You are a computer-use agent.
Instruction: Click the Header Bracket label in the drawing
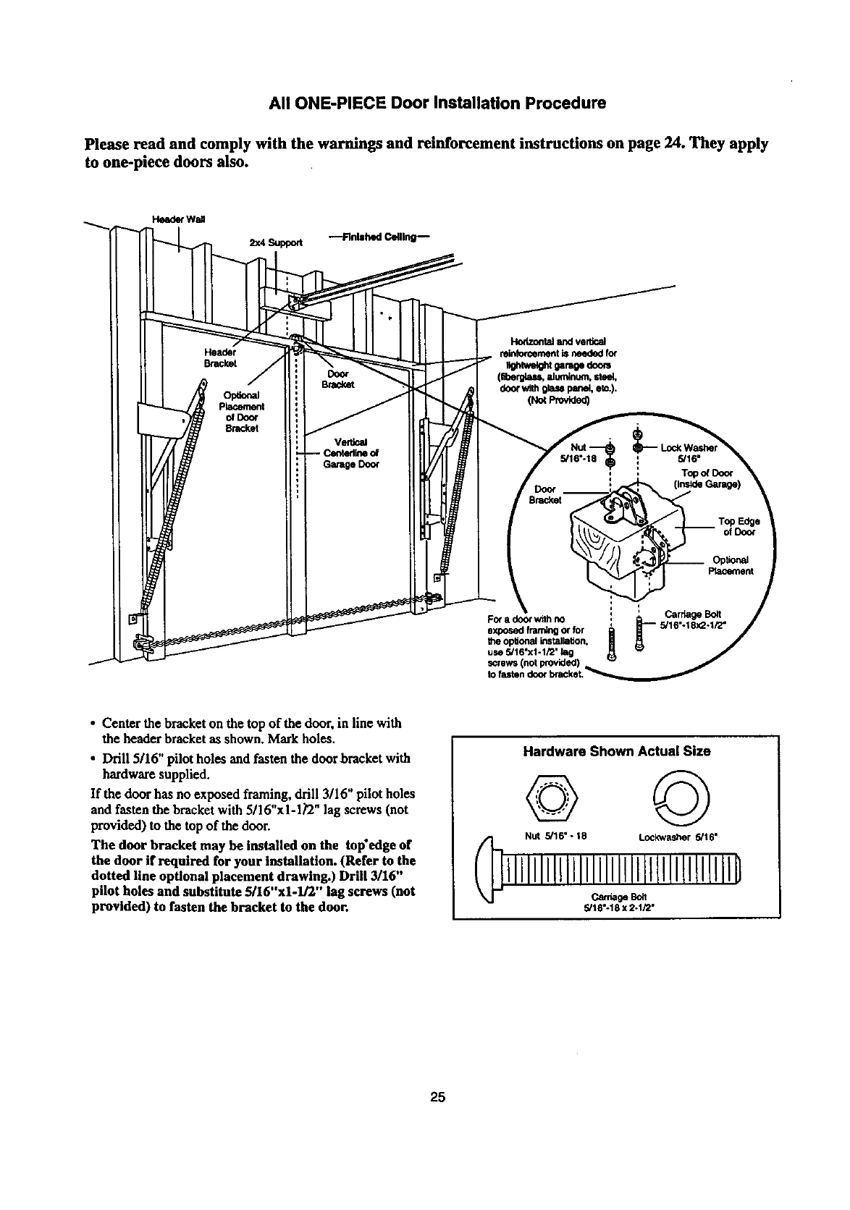pos(217,357)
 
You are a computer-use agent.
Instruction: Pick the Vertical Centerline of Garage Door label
pos(350,454)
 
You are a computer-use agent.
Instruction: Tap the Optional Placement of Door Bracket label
pos(243,411)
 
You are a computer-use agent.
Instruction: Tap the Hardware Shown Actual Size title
pos(616,751)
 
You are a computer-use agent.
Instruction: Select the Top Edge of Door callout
pos(736,526)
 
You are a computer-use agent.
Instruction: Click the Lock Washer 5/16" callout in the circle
pos(689,453)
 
